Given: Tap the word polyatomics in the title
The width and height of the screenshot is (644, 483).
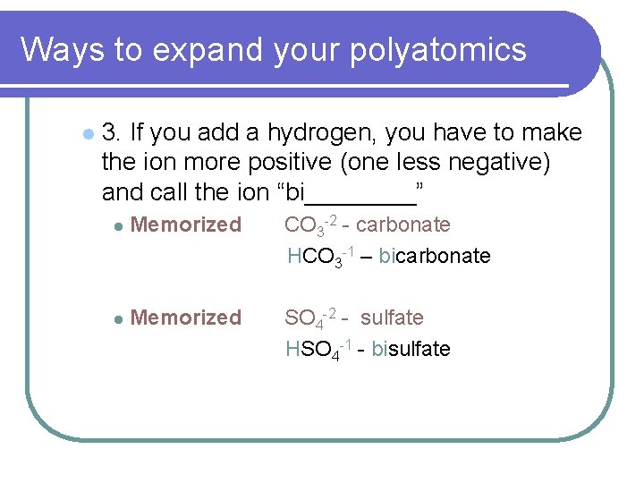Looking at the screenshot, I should pyautogui.click(x=437, y=51).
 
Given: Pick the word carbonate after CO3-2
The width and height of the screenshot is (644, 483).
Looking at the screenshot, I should pyautogui.click(x=402, y=225).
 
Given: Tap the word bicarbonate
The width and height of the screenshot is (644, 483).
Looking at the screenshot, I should pyautogui.click(x=435, y=256).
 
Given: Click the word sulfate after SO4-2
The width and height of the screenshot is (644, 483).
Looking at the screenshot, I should pyautogui.click(x=392, y=318).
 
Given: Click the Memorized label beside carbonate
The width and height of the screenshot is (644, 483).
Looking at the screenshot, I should pyautogui.click(x=186, y=225).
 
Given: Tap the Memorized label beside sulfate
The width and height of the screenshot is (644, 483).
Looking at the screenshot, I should pyautogui.click(x=186, y=318).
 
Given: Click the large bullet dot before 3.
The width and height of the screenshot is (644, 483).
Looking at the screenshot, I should pyautogui.click(x=86, y=134).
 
